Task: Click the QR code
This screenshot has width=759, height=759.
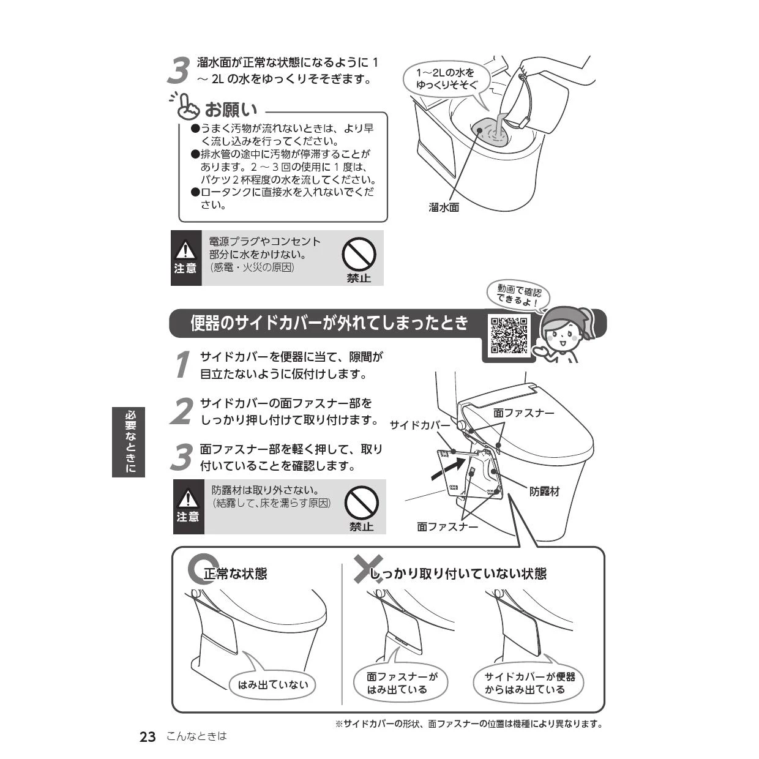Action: point(509,335)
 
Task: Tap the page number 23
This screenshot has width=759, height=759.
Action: point(148,737)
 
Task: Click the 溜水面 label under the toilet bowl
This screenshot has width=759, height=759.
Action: point(444,208)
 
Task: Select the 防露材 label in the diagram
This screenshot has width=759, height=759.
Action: point(544,492)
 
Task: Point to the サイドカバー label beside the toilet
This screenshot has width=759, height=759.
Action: point(420,425)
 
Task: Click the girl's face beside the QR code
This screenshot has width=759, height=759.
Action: point(561,336)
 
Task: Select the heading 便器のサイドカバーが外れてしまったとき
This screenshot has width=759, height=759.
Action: point(329,323)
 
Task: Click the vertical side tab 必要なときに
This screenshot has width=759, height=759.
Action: point(129,442)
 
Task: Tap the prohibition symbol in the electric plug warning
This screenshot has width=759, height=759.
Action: point(359,254)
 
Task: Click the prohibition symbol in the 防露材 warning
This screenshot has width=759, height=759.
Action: point(361,503)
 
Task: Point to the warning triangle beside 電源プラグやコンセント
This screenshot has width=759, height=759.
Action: point(185,250)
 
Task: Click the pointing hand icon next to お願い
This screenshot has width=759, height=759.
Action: point(187,105)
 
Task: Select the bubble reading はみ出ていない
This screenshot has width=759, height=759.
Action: point(272,685)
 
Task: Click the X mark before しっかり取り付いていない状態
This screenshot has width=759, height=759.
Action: point(368,569)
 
